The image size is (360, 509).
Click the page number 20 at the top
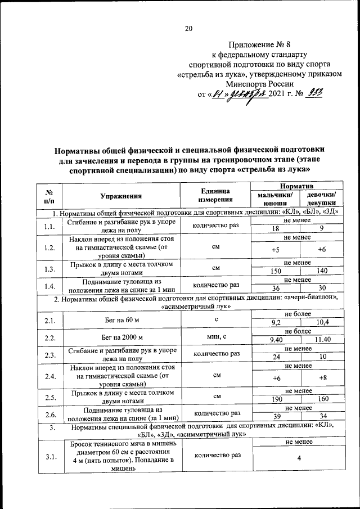coord(188,29)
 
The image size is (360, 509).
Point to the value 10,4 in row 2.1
coord(322,323)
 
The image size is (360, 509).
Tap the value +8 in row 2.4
coord(322,378)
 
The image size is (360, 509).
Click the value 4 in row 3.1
coord(299,458)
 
